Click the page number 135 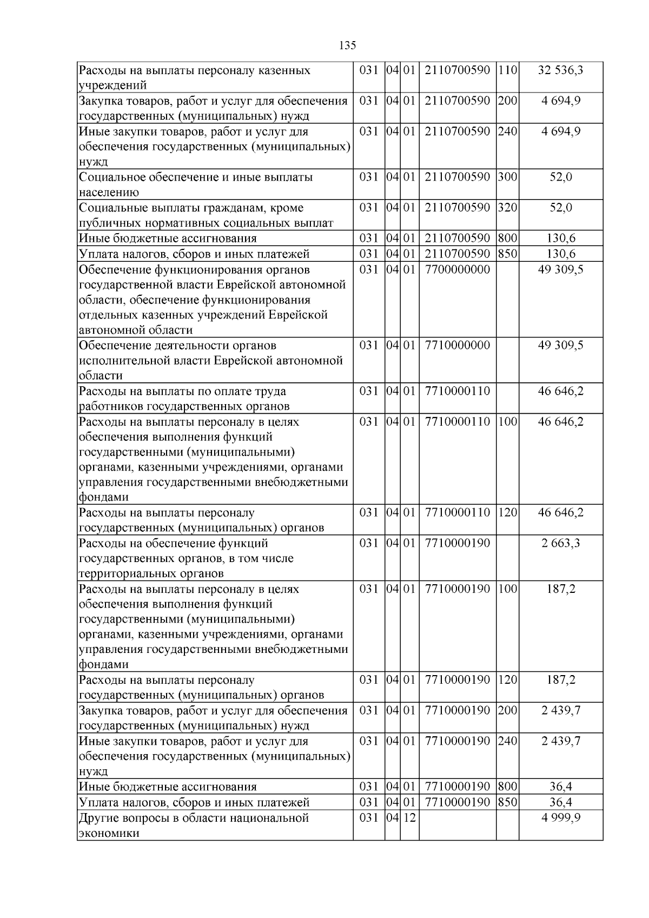[347, 45]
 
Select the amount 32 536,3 [561, 70]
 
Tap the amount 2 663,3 [561, 543]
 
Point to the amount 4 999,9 [561, 817]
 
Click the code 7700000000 [458, 269]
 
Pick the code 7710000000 [458, 345]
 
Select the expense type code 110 [507, 70]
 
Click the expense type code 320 [507, 208]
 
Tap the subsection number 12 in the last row [409, 817]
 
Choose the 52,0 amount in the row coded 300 [561, 177]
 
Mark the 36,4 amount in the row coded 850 [561, 802]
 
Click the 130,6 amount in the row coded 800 [561, 239]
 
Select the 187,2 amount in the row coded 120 [561, 680]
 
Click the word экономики [109, 833]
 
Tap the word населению [109, 193]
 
